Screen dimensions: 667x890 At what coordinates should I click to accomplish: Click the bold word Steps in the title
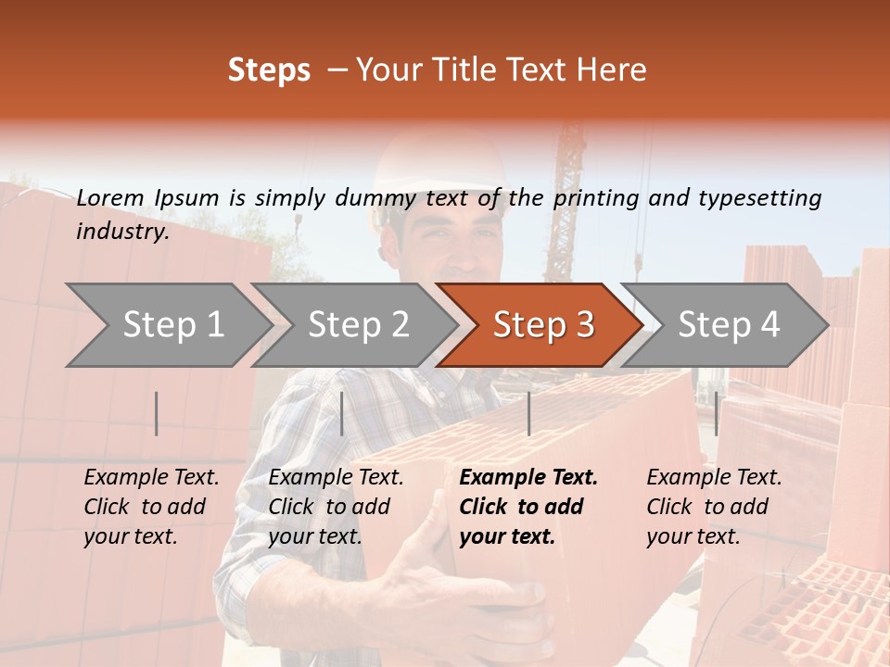(x=269, y=70)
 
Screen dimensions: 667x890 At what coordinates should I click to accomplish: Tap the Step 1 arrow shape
(x=167, y=325)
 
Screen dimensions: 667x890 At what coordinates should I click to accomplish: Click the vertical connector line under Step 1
(x=157, y=413)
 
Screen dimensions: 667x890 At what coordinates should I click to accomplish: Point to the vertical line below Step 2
(x=342, y=413)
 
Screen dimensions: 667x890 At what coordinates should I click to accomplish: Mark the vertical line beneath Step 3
(x=528, y=413)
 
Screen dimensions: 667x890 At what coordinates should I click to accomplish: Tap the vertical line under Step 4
(x=716, y=413)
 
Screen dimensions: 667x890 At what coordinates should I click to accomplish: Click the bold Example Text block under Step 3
(x=528, y=507)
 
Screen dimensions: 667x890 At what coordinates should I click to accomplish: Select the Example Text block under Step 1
(x=151, y=507)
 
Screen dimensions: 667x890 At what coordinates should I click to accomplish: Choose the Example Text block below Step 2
(x=336, y=507)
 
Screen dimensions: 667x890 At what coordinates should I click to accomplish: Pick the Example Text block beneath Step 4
(x=714, y=507)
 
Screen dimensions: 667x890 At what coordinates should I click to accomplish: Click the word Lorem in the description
(x=110, y=198)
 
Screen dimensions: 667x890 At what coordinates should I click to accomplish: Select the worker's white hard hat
(x=436, y=171)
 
